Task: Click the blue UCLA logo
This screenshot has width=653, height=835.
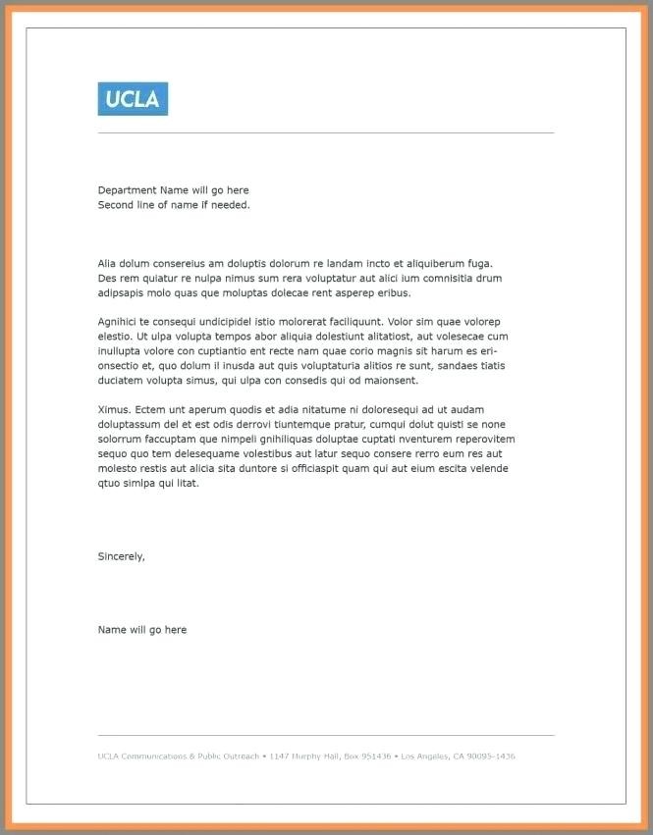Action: pyautogui.click(x=133, y=99)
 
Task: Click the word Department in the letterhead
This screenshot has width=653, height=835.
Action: pyautogui.click(x=127, y=190)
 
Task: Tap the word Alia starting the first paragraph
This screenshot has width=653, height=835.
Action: pyautogui.click(x=107, y=263)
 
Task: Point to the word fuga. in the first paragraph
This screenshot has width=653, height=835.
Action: pyautogui.click(x=480, y=263)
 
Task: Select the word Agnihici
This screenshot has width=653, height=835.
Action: pyautogui.click(x=117, y=322)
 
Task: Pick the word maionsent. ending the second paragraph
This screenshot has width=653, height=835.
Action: pyautogui.click(x=390, y=380)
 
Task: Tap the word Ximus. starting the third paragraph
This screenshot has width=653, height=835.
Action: pyautogui.click(x=114, y=409)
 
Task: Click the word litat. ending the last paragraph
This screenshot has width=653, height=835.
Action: pyautogui.click(x=187, y=483)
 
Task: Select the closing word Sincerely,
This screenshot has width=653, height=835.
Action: pyautogui.click(x=122, y=556)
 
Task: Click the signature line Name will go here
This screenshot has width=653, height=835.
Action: pyautogui.click(x=142, y=630)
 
